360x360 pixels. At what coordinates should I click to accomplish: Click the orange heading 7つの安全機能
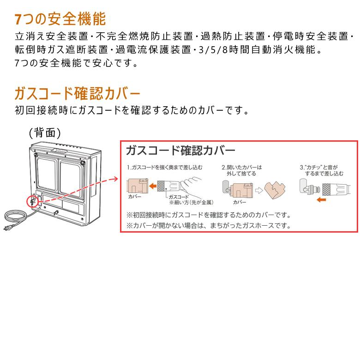point(60,19)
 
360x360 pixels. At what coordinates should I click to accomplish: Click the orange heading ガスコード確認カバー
point(77,94)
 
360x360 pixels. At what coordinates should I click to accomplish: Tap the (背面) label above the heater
point(45,133)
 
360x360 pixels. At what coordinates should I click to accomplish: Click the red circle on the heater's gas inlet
point(33,201)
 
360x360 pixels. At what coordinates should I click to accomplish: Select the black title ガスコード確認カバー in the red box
point(180,151)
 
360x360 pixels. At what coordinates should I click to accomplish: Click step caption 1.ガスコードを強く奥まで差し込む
point(164,167)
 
